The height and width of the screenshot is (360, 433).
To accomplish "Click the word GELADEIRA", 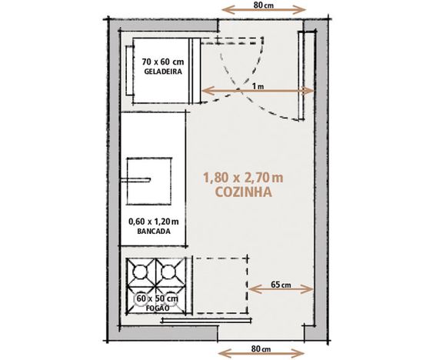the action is click(163, 72).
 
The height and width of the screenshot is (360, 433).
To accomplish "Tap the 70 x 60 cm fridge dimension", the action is click(163, 61).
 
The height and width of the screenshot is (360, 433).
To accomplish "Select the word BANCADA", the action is click(154, 232).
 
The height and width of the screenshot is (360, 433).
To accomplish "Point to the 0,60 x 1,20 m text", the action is click(154, 222).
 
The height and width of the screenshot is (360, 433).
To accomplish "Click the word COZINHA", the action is click(244, 192).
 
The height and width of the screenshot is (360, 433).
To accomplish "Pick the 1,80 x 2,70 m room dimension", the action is click(243, 178).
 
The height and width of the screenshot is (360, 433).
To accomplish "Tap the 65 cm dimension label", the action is click(281, 285).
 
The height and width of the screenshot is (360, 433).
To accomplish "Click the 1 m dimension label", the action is click(258, 86).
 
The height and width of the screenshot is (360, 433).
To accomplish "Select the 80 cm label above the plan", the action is click(264, 5).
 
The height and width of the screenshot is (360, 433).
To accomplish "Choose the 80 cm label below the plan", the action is click(261, 348).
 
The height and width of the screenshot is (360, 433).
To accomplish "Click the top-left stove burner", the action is click(141, 272).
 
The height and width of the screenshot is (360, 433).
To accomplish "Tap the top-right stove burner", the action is click(169, 272).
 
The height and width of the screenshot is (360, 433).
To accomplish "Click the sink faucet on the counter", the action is click(135, 180).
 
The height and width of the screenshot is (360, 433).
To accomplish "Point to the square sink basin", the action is click(149, 182).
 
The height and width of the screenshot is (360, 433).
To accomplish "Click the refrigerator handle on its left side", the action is click(128, 70).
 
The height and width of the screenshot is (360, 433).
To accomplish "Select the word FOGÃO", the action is click(158, 308).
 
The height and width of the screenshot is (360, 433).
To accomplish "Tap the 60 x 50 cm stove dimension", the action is click(158, 298).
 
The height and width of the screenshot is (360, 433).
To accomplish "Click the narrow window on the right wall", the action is click(301, 75).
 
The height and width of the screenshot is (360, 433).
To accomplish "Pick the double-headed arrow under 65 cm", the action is click(281, 289).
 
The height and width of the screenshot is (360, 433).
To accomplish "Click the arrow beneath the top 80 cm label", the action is click(264, 10).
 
